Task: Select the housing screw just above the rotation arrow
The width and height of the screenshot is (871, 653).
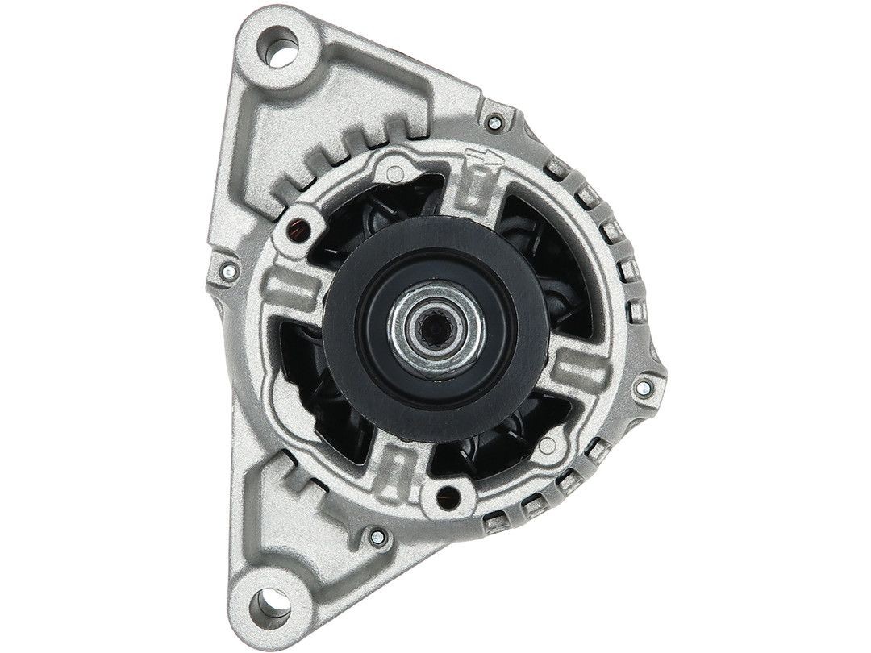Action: click(492, 123)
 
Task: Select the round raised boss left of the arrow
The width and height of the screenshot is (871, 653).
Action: click(393, 168)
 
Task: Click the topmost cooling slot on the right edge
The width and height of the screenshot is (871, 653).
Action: click(555, 166)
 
